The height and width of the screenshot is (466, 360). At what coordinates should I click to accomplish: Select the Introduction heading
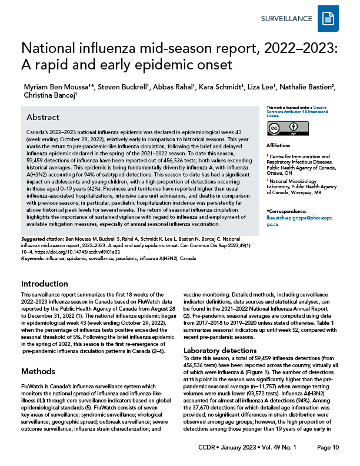coord(45,282)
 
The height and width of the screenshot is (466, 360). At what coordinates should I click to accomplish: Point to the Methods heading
coord(38,372)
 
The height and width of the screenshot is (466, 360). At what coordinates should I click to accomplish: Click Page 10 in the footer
coord(328,448)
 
